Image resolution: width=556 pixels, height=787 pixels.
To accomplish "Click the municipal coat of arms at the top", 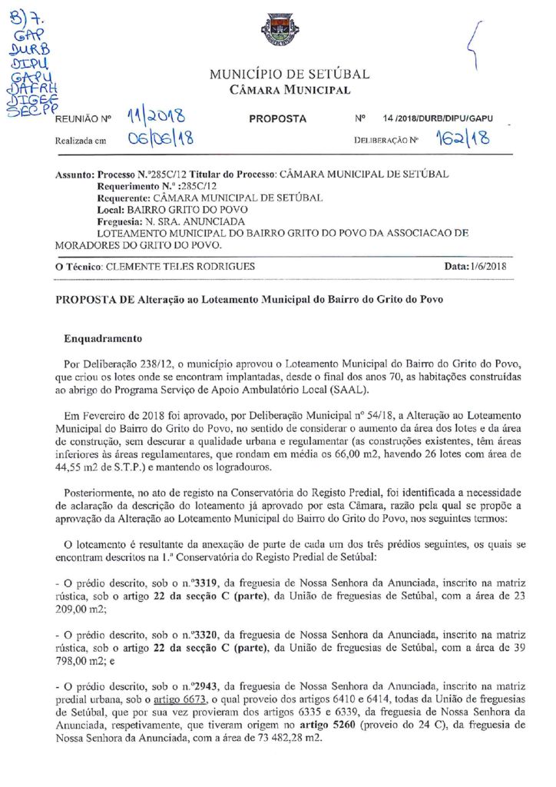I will [280, 32].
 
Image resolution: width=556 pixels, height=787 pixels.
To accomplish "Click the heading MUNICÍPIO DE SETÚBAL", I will [290, 75].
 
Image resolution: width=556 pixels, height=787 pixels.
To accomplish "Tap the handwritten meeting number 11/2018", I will [151, 116].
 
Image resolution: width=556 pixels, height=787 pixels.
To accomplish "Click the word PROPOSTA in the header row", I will [278, 118].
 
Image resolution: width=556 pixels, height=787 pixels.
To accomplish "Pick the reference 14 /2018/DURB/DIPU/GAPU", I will [437, 118].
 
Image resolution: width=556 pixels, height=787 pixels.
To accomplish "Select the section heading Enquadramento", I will [104, 337].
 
